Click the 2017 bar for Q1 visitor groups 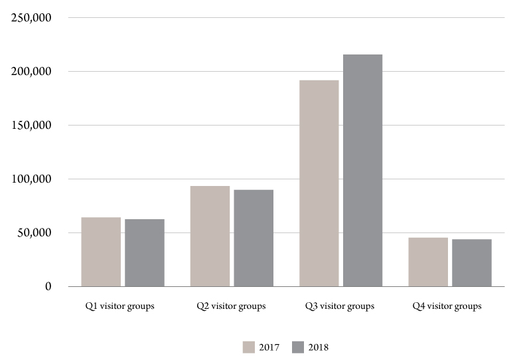(x=101, y=252)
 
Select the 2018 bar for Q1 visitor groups (x=145, y=252)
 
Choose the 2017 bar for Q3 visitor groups (x=319, y=183)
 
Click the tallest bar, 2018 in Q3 (x=362, y=170)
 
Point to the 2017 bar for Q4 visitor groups (x=428, y=262)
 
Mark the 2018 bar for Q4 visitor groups (x=472, y=262)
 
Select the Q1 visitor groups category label (x=119, y=306)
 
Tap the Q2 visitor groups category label (x=231, y=306)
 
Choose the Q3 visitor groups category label (x=340, y=306)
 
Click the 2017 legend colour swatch (x=249, y=347)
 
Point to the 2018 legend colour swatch (x=298, y=347)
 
